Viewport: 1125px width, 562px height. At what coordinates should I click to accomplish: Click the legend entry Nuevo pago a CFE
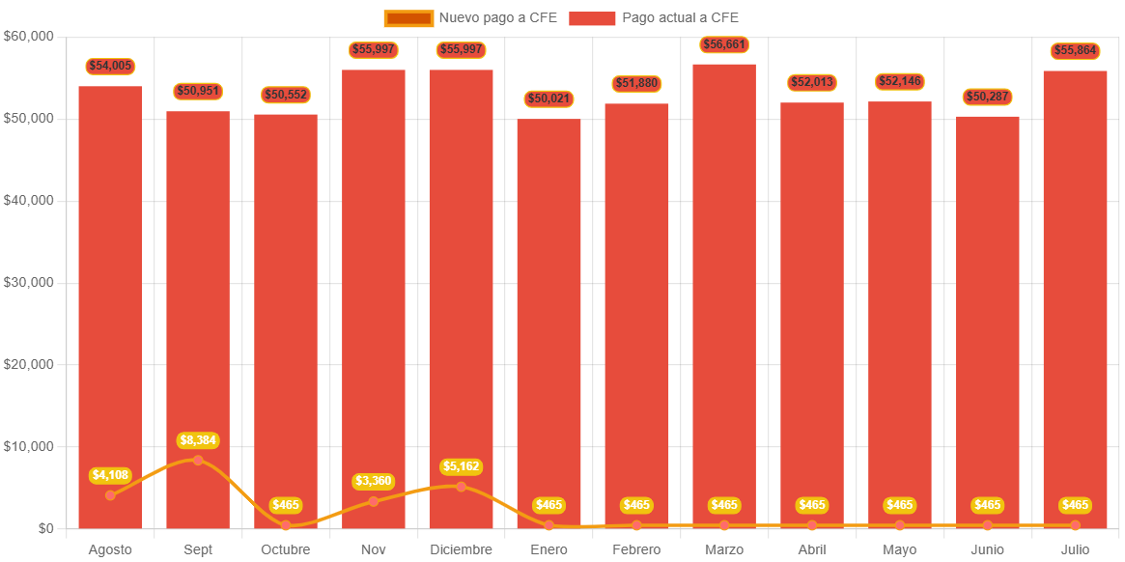[471, 17]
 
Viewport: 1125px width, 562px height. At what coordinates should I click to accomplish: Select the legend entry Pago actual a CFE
[656, 17]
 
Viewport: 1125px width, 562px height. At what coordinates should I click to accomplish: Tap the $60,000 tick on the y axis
[29, 36]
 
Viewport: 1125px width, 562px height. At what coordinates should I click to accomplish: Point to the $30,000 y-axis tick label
[29, 282]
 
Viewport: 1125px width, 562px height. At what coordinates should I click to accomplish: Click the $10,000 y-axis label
[29, 446]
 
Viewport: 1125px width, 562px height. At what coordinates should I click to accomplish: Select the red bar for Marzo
[724, 290]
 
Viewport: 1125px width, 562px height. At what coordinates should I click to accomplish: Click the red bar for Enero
[548, 319]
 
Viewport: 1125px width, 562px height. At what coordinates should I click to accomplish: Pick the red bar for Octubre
[286, 319]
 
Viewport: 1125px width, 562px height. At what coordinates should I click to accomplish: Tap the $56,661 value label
[724, 44]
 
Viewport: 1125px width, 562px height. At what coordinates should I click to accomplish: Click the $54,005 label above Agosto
[110, 66]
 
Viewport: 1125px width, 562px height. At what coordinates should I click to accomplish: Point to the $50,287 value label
[987, 97]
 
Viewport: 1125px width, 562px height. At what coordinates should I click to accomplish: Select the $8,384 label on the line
[198, 440]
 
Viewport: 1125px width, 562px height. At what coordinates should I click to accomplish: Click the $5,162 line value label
[461, 466]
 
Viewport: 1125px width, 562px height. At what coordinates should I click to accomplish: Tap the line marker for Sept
[198, 460]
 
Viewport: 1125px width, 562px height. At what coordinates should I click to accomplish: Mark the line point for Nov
[374, 501]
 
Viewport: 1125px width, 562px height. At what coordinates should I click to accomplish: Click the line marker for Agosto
[110, 495]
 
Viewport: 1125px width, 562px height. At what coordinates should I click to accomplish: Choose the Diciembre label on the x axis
[461, 549]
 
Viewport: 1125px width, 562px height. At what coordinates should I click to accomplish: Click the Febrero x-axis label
[636, 549]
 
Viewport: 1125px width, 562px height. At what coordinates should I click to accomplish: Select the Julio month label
[1075, 549]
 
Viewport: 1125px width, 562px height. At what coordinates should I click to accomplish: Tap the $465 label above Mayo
[900, 505]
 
